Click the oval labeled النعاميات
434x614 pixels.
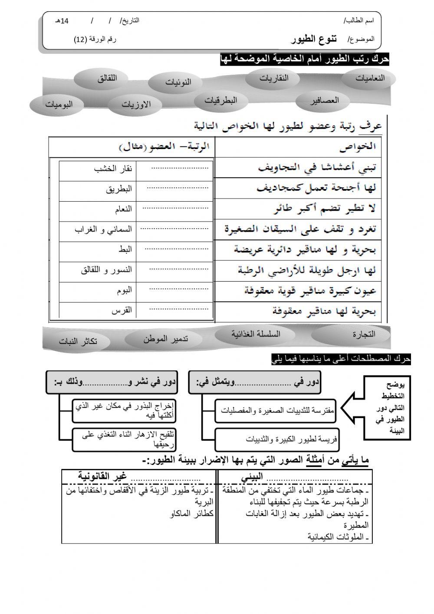[x=369, y=79]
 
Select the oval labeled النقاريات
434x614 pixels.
[x=273, y=79]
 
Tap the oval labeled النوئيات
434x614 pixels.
[x=178, y=82]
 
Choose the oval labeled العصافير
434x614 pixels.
[x=324, y=100]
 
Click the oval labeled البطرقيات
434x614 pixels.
[x=221, y=100]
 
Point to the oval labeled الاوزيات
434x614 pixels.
[x=136, y=105]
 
